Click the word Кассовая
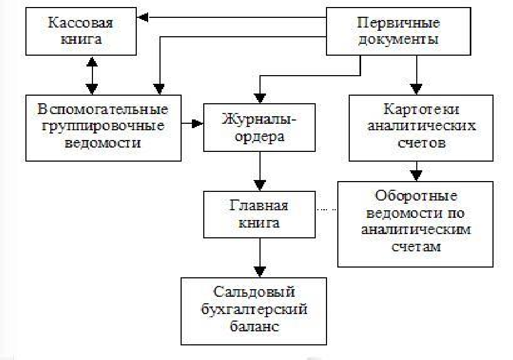(81, 23)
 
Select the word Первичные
(398, 23)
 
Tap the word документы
(398, 39)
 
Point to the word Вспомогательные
(103, 109)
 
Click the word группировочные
(103, 126)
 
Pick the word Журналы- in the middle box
(259, 119)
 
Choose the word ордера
(259, 136)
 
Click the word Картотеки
(421, 109)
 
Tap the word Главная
(259, 205)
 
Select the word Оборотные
(416, 196)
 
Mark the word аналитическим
(416, 229)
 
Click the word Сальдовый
(254, 292)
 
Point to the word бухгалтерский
(254, 309)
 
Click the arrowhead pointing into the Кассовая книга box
(143, 17)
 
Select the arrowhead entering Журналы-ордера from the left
(197, 123)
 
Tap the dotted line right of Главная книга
(327, 209)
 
